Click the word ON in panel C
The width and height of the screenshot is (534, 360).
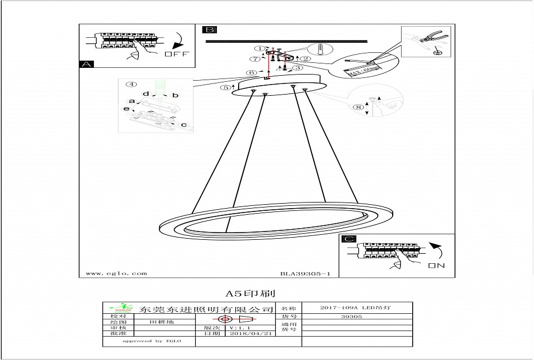(437, 266)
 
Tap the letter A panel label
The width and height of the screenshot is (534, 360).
(86, 65)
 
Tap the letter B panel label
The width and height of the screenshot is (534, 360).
(210, 30)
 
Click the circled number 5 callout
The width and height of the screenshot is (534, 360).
(225, 87)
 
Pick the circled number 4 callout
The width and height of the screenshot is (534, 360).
(131, 85)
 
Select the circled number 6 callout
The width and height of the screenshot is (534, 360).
(252, 73)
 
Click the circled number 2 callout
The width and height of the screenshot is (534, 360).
(305, 58)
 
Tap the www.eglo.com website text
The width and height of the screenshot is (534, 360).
(117, 274)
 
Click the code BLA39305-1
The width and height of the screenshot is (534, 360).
(305, 274)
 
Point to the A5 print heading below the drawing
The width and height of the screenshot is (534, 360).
(250, 293)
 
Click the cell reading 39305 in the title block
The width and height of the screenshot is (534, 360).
(351, 317)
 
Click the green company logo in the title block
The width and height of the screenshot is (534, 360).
(120, 308)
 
